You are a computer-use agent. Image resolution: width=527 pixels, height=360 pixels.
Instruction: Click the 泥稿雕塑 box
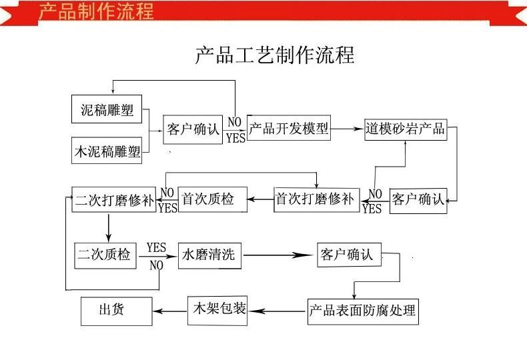tap(107, 109)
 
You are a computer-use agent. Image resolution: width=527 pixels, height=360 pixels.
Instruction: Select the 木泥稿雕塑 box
tap(107, 151)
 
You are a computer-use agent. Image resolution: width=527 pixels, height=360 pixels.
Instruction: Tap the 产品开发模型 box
tap(289, 127)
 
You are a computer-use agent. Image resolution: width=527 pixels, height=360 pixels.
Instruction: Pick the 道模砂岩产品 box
tap(406, 129)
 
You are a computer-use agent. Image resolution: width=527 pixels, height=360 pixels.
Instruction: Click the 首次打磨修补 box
tap(317, 199)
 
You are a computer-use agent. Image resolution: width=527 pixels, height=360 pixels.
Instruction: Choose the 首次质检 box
tap(212, 199)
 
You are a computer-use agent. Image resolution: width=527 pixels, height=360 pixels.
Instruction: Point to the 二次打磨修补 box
tap(114, 199)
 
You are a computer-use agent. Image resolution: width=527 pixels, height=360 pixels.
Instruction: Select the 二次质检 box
tap(105, 255)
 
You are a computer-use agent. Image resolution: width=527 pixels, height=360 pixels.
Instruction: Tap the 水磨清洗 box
tap(209, 255)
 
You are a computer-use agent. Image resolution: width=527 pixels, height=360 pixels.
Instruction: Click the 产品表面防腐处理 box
tap(363, 311)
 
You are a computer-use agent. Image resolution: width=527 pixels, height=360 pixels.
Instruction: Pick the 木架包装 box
tap(217, 310)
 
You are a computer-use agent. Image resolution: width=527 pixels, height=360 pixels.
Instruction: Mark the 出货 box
tap(116, 311)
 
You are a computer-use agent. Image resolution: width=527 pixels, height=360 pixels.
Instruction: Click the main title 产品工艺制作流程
tap(275, 55)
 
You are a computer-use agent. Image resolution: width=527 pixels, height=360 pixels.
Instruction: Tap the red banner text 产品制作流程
tap(96, 11)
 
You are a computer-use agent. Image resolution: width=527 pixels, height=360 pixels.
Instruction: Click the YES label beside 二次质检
tap(156, 248)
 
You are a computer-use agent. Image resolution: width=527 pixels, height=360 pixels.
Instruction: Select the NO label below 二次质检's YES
tap(156, 265)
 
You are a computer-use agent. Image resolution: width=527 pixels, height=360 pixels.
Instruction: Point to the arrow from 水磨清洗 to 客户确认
tap(278, 255)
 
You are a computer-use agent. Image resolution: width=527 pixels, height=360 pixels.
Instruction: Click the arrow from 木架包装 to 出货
tap(170, 311)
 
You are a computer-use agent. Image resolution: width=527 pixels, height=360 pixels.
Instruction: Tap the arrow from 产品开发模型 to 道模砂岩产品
tap(347, 128)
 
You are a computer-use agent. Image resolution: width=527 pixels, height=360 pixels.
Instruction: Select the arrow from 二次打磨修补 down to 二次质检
tap(108, 228)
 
